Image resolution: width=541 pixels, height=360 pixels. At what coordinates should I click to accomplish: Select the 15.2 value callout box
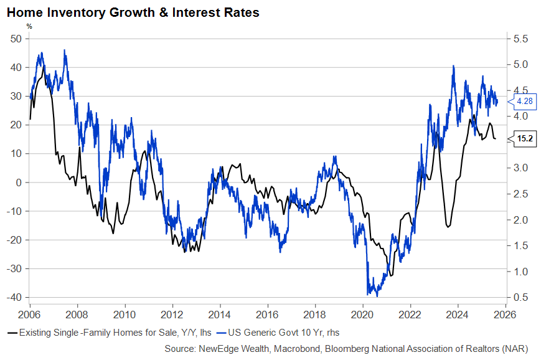coord(525,138)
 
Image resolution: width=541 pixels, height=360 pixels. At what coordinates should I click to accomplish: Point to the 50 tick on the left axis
coord(17,39)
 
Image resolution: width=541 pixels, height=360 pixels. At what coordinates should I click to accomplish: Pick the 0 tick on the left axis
coord(20,182)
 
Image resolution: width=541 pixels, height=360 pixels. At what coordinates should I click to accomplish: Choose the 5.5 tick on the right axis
coord(521,39)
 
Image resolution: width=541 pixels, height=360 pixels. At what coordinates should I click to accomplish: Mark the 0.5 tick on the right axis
coord(521,297)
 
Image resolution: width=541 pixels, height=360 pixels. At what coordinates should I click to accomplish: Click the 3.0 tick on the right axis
coord(521,168)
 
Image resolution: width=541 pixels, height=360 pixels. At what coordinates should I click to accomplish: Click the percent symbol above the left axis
coord(29,26)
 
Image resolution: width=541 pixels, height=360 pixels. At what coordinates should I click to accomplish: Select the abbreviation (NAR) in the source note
coord(520,348)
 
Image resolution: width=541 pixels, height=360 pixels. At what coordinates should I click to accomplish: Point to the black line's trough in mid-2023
coord(448,226)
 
